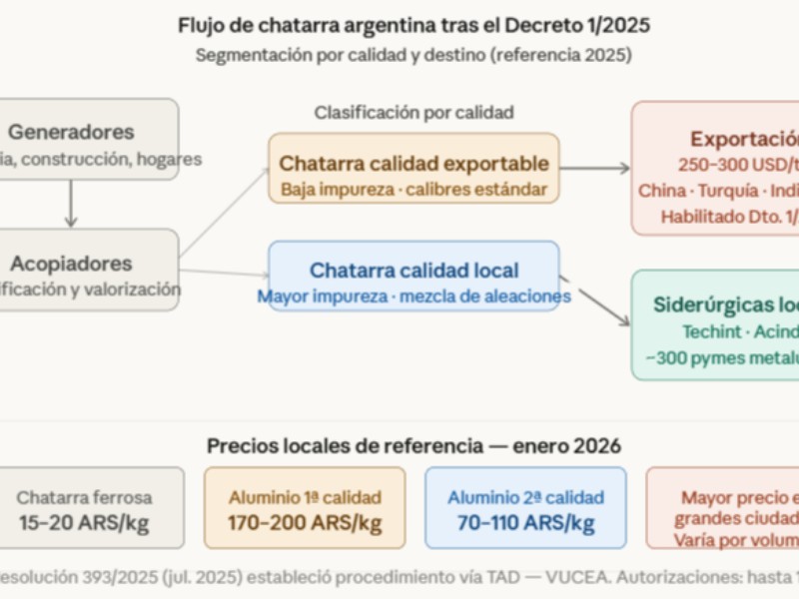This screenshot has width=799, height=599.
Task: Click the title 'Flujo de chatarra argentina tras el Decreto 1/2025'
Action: (413, 25)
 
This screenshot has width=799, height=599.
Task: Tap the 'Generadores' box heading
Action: (71, 131)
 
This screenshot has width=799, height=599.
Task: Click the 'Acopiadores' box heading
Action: (71, 263)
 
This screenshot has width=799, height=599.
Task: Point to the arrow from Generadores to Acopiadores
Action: (71, 205)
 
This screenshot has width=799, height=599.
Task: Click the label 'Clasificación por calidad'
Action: (413, 112)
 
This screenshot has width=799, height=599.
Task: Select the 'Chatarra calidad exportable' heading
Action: (413, 163)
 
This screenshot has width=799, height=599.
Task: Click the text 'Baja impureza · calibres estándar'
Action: (413, 188)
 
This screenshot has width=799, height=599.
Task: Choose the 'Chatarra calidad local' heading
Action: (413, 270)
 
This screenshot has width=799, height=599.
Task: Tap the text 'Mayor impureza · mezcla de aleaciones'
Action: (413, 296)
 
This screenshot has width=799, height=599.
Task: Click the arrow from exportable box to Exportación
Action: (595, 168)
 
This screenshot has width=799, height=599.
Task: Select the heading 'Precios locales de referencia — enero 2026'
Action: (413, 445)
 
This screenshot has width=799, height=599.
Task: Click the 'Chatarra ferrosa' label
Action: (84, 497)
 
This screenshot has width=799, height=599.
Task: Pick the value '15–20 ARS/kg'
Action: (84, 522)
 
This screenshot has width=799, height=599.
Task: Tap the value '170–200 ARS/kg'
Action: (305, 522)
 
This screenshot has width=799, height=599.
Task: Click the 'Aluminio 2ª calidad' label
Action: (525, 497)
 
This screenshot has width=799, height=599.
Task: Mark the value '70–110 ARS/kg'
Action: (525, 522)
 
